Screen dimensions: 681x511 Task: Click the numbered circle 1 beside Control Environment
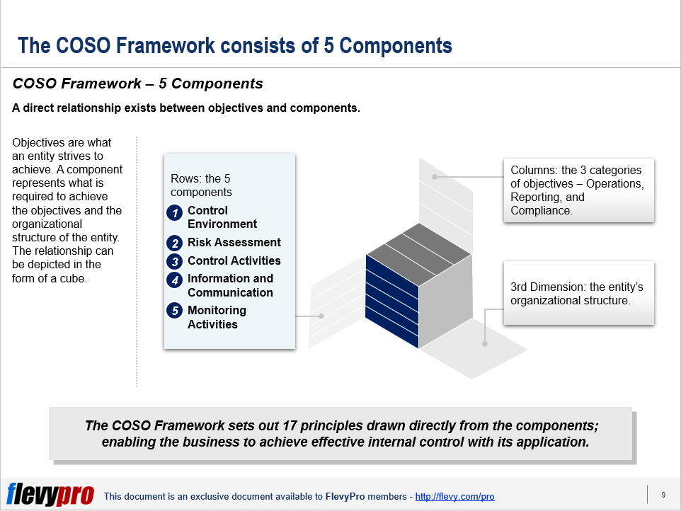(175, 212)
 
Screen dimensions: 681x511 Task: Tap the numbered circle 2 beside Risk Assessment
(175, 243)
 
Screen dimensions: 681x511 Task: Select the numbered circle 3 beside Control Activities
(175, 261)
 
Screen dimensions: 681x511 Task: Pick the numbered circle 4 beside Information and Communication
(175, 280)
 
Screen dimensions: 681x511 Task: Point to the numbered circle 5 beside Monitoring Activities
(175, 311)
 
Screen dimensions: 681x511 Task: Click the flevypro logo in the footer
(50, 495)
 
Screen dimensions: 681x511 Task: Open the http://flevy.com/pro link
(454, 497)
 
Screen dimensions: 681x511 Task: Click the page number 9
(663, 495)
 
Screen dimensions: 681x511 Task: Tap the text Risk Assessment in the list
(234, 243)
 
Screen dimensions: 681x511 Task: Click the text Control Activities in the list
(234, 260)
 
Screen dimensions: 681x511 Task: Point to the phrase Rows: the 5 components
(201, 185)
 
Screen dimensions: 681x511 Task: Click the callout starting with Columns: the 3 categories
(578, 190)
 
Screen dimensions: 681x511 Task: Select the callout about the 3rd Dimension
(578, 294)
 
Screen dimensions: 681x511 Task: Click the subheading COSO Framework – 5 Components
(138, 84)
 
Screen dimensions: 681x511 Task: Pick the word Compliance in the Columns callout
(540, 211)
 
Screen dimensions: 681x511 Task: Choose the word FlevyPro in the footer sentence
(345, 497)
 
